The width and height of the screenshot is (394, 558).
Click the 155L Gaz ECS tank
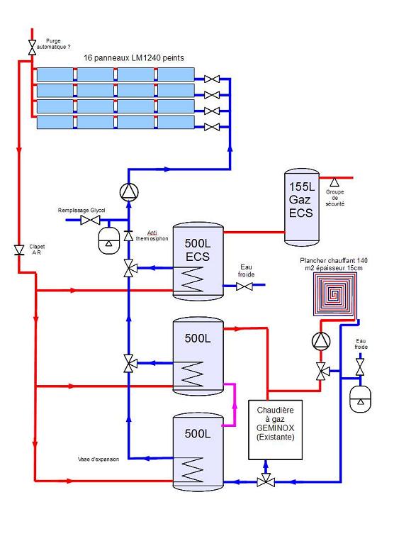tap(302, 208)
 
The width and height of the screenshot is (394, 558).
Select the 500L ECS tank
tap(198, 262)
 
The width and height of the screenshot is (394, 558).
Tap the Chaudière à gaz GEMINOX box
tap(275, 430)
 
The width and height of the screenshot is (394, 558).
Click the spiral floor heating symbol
tap(334, 294)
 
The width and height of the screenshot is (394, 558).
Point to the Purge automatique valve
tap(33, 48)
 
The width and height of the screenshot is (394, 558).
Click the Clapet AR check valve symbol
tap(19, 250)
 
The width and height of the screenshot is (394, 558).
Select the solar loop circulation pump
tap(129, 192)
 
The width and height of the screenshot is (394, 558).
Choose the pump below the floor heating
tap(321, 341)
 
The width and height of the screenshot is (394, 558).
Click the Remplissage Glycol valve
tap(90, 220)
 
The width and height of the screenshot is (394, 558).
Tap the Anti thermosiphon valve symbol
tap(129, 235)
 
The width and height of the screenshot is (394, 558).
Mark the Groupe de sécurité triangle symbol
tap(334, 182)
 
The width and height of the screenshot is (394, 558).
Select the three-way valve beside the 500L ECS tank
tap(130, 268)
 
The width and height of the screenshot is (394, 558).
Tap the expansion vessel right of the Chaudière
tap(360, 399)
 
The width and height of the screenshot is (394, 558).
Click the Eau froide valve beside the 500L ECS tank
tap(244, 286)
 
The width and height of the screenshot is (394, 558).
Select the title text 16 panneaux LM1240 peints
tap(134, 58)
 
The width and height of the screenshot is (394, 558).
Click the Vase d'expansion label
tap(98, 459)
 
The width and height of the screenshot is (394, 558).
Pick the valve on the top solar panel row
tap(212, 79)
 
